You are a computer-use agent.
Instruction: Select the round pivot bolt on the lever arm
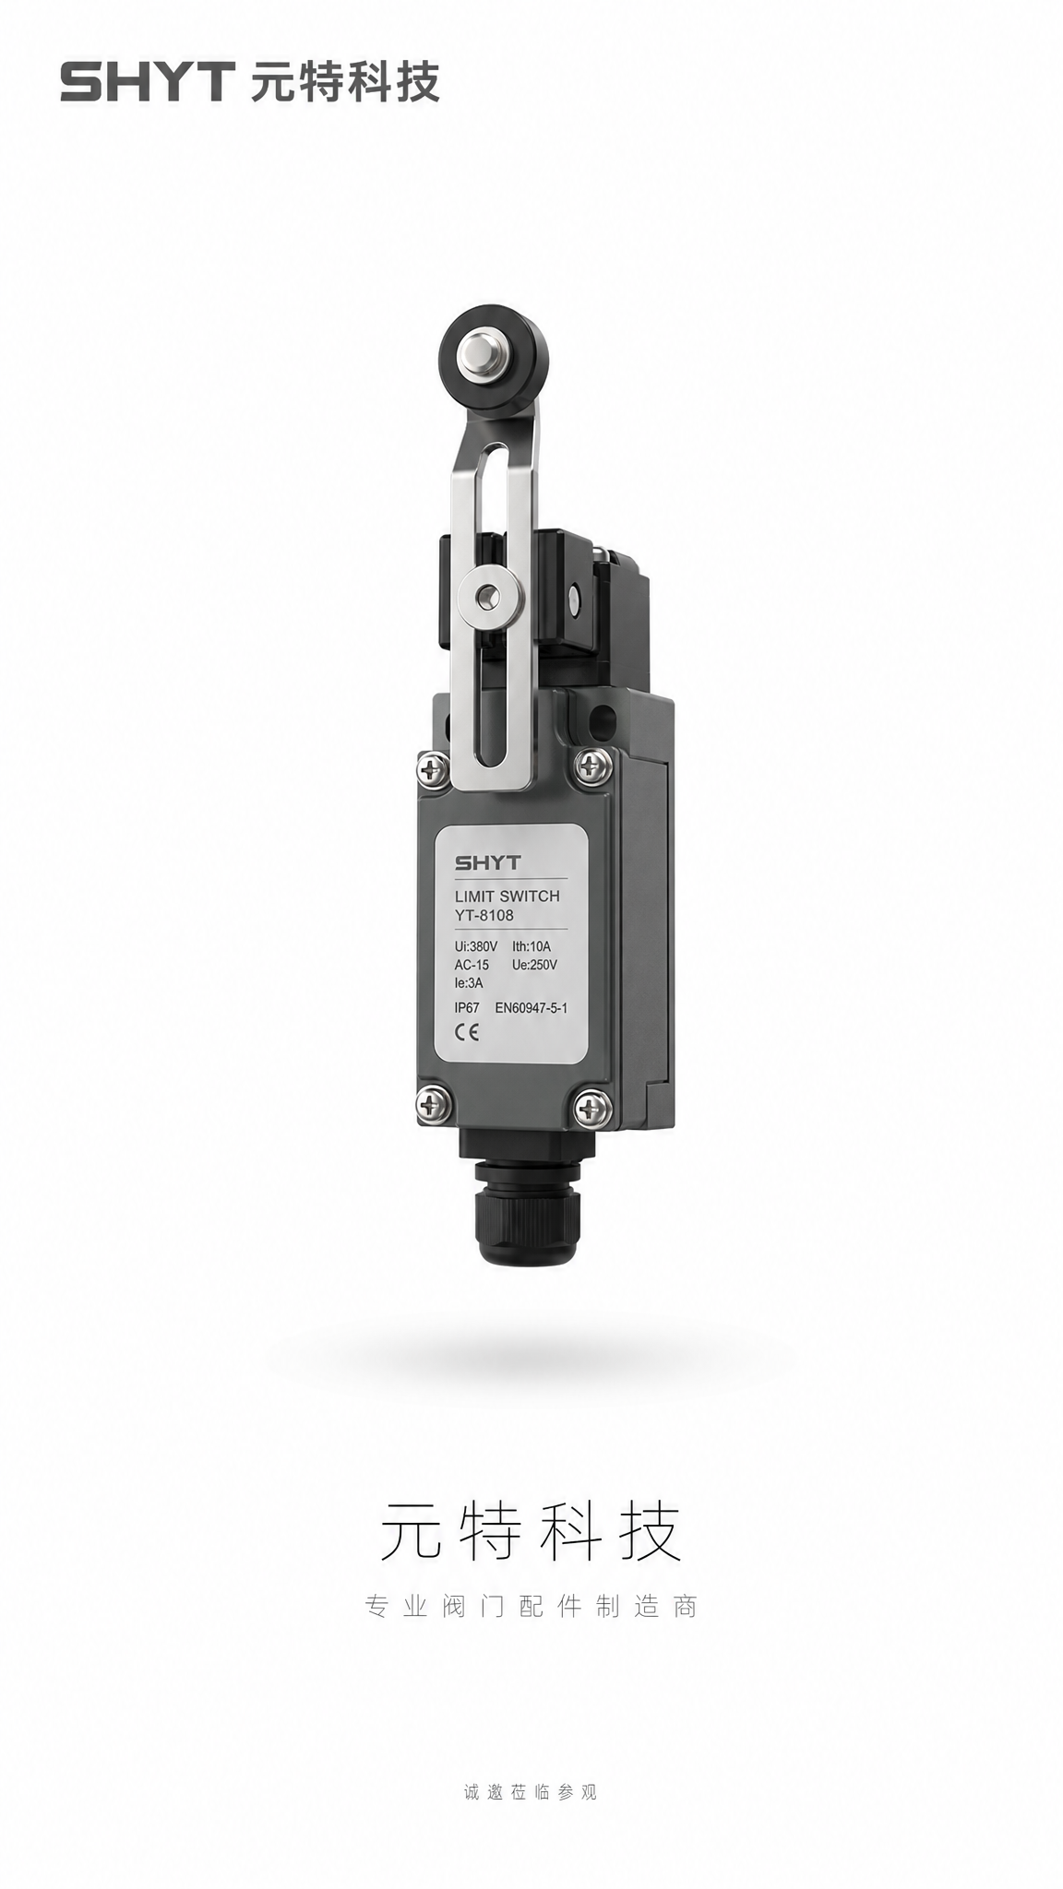click(x=487, y=597)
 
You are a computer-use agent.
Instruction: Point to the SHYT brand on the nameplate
click(x=487, y=863)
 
